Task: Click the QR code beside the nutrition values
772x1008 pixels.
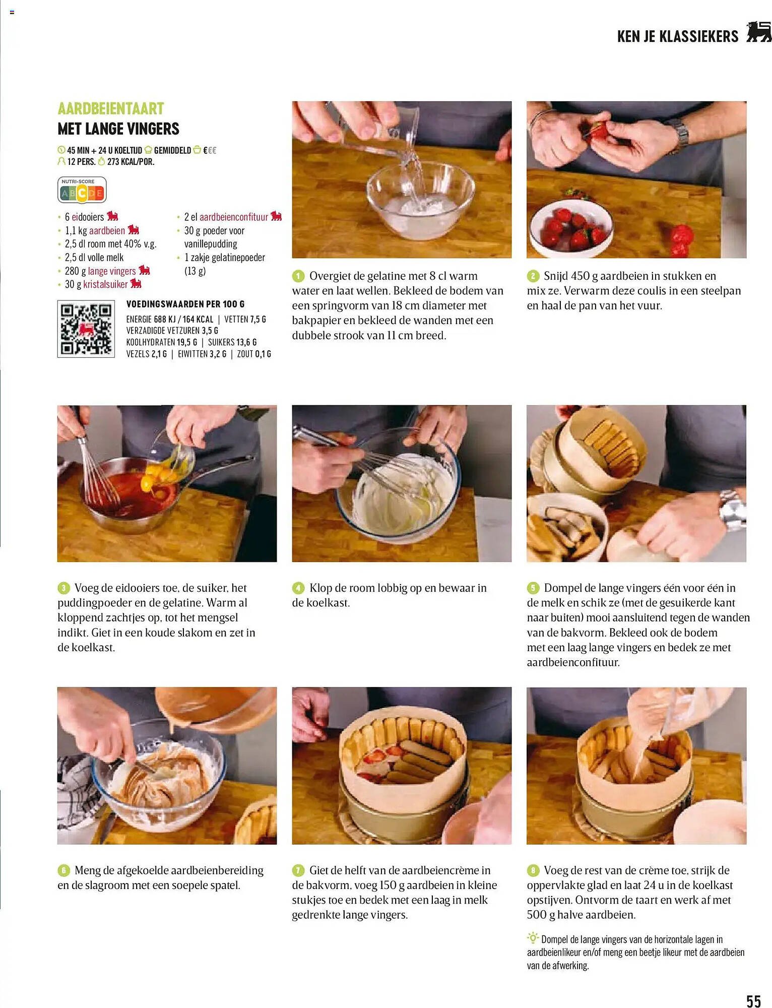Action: click(86, 329)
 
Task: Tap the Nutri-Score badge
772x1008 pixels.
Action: click(82, 190)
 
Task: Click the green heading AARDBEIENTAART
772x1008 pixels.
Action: click(111, 108)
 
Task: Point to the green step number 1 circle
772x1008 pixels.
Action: click(298, 276)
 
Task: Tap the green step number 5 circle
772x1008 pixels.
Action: click(533, 588)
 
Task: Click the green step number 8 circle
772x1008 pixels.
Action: click(533, 870)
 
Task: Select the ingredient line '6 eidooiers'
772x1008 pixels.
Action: click(85, 217)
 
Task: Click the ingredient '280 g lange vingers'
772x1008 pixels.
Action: click(101, 271)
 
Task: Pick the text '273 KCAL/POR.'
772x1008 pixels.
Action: click(131, 162)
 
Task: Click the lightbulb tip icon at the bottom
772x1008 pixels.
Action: click(533, 938)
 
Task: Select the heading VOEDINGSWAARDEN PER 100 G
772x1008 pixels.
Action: click(185, 304)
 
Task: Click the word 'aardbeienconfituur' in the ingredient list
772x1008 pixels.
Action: click(234, 217)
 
